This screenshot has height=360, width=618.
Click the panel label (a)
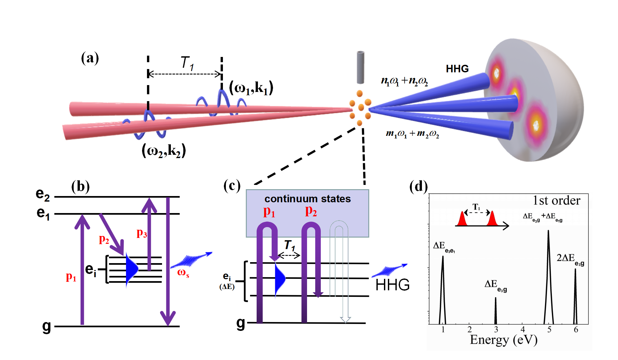click(90, 58)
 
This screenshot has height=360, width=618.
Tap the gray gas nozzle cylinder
click(360, 67)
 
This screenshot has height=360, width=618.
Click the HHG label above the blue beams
click(457, 69)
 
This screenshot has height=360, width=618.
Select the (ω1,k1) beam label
click(251, 88)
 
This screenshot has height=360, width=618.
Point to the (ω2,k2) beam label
click(164, 151)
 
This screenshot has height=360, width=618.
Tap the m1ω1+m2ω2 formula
click(412, 134)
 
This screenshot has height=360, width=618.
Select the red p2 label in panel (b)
click(104, 240)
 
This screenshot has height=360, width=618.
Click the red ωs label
click(183, 273)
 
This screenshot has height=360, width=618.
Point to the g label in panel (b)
click(46, 326)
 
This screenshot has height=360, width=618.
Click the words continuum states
click(307, 199)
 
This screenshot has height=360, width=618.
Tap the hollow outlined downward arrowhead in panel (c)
click(345, 319)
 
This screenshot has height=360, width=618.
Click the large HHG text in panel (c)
click(392, 285)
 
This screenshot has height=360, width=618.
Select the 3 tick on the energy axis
click(496, 330)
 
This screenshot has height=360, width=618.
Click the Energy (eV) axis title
click(503, 340)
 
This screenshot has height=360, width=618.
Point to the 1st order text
click(556, 201)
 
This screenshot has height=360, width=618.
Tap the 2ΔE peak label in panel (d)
click(570, 259)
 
